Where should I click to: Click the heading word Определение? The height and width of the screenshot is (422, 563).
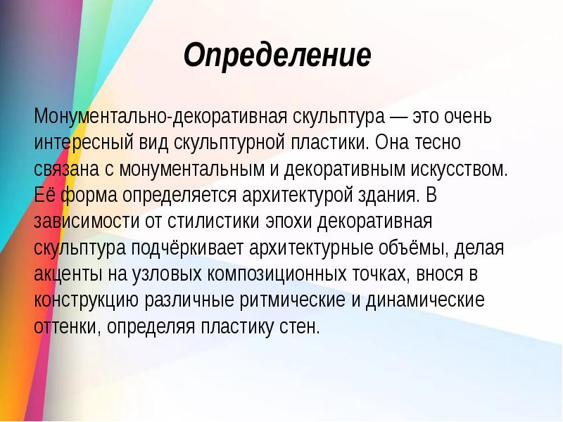click(x=277, y=56)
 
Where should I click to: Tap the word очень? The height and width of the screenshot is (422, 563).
click(x=472, y=115)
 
